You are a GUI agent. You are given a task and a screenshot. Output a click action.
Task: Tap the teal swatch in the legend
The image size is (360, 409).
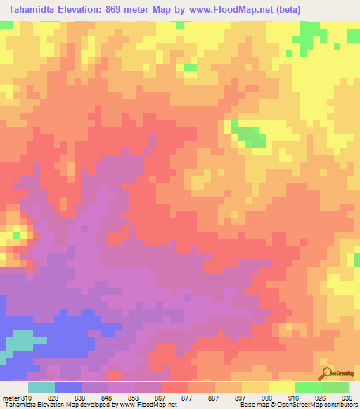point(41,387)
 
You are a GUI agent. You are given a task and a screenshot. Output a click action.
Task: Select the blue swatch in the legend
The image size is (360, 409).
point(68,387)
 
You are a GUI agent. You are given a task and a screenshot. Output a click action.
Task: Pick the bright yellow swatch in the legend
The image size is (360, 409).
point(282,387)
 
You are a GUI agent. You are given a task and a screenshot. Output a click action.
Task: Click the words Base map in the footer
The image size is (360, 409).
point(252,405)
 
